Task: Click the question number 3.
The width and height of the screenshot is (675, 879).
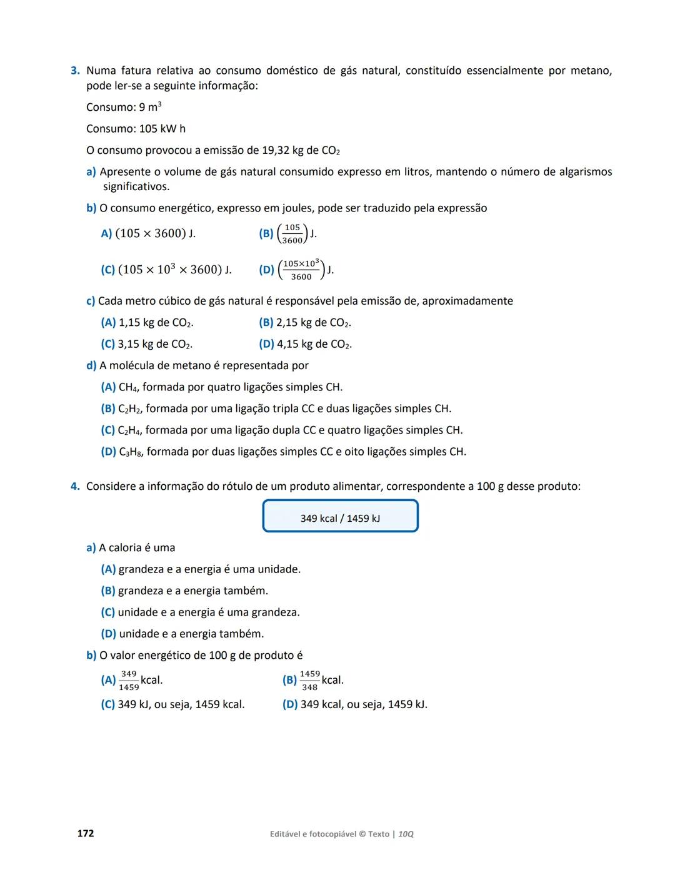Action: (74, 71)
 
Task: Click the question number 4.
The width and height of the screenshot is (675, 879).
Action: (74, 487)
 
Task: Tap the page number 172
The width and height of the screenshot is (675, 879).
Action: (86, 833)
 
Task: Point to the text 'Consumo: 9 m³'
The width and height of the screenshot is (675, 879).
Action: (124, 107)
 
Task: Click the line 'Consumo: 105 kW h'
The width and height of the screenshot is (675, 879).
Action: (136, 129)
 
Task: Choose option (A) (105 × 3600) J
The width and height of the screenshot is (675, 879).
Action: (148, 233)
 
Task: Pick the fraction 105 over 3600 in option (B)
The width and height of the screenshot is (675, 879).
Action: (292, 234)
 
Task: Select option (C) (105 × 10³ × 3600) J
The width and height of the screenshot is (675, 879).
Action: (166, 270)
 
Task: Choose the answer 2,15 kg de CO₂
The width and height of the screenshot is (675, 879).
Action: (312, 323)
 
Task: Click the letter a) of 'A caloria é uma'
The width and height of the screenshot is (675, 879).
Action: (91, 548)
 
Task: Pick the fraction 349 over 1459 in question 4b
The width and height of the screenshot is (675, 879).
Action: (129, 681)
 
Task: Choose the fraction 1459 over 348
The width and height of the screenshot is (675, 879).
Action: (309, 681)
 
